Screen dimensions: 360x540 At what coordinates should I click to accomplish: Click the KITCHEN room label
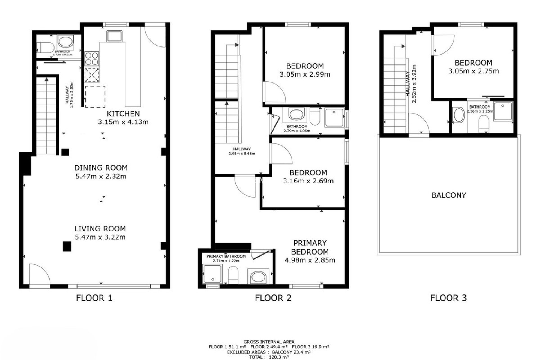pos(123,114)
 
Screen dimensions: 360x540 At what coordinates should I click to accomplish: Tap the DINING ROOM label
pos(101,168)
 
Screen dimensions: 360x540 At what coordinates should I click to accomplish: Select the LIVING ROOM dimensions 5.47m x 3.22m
pos(100,237)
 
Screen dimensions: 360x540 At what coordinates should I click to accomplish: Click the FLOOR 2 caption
pos(273,298)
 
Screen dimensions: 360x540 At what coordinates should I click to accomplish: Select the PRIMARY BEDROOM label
pos(310,247)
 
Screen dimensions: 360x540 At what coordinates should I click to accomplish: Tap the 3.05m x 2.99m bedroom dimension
pos(305,75)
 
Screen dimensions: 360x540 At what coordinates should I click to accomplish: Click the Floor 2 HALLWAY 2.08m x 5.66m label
pos(242,151)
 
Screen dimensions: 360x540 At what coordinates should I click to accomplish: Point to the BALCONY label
pos(449,195)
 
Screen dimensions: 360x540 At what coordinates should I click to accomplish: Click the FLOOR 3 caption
pos(448,298)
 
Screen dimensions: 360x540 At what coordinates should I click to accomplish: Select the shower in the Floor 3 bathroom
pos(503,111)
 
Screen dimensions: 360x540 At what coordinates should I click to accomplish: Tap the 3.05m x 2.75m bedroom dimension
pos(474,71)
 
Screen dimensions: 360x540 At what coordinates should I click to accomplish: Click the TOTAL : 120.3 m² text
pos(269,357)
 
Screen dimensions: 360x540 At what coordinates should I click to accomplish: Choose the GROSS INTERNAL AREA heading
pos(269,342)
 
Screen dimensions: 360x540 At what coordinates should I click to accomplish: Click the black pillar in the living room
pos(67,246)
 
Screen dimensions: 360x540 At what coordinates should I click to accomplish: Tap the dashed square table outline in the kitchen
pos(95,97)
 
